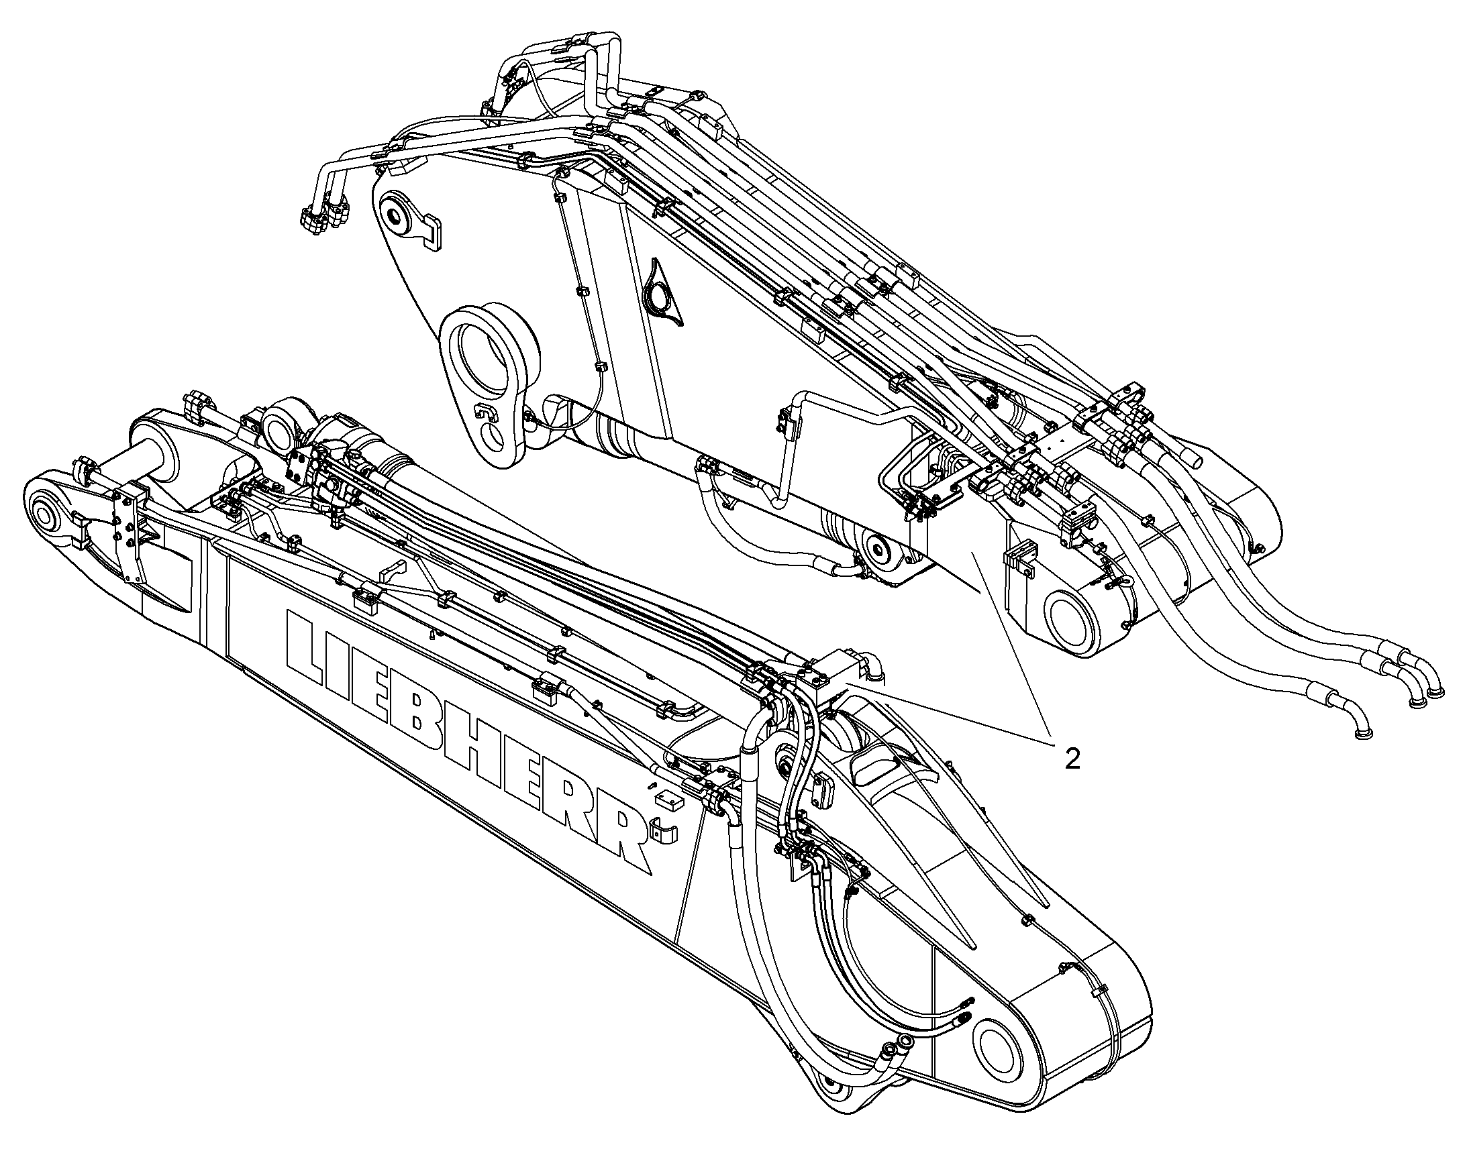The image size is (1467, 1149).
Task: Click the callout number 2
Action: click(1072, 759)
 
